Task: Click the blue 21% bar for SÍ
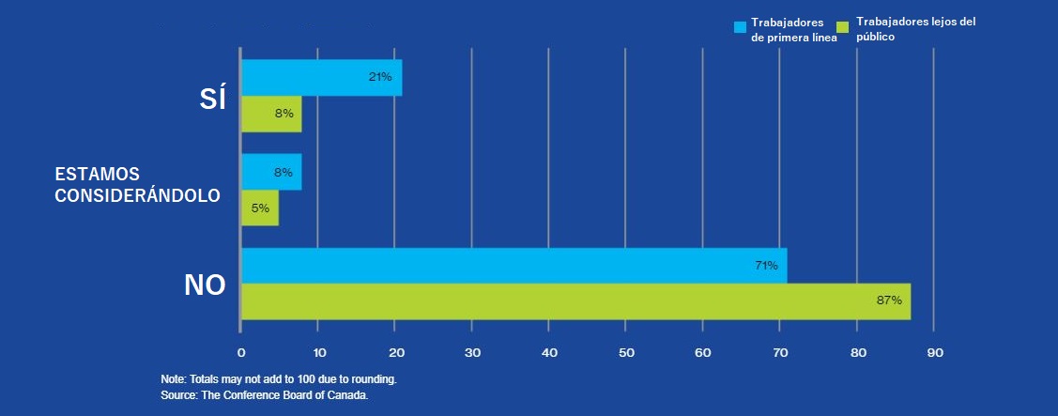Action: point(322,78)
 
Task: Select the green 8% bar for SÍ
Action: point(272,115)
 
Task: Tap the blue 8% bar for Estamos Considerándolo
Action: point(272,172)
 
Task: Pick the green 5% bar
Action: point(260,208)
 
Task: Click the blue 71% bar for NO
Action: point(514,266)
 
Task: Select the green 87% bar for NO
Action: point(576,301)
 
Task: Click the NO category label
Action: point(205,285)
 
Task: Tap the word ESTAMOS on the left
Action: point(98,175)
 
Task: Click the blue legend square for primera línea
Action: point(740,27)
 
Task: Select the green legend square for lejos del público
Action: point(842,27)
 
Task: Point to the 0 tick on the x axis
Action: point(241,352)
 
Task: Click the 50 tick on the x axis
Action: point(625,352)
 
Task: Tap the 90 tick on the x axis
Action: point(934,352)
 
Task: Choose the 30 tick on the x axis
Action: point(471,352)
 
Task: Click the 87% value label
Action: point(889,301)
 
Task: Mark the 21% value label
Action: point(380,77)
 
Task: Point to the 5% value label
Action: point(260,208)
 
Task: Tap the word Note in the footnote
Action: point(172,378)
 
